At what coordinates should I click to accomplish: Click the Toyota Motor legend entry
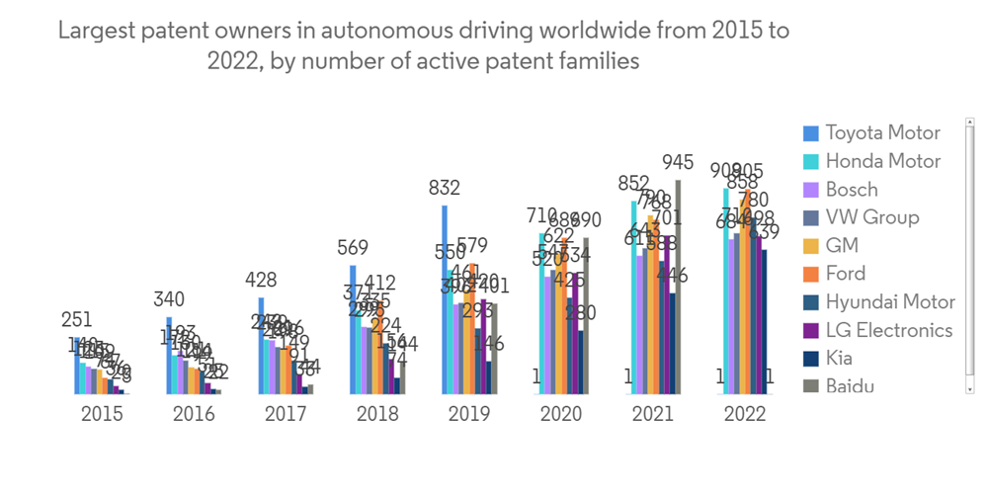(x=882, y=132)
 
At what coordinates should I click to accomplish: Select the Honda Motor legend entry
(x=882, y=161)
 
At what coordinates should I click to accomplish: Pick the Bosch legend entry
(x=851, y=189)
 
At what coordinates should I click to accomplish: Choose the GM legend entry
(x=842, y=245)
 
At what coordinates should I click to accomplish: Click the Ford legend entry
(x=845, y=274)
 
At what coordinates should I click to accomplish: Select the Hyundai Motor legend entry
(x=889, y=301)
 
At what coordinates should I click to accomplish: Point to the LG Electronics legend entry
(x=888, y=330)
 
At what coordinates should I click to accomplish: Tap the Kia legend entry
(x=839, y=358)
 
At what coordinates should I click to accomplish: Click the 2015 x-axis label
(x=102, y=414)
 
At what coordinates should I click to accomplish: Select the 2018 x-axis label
(x=377, y=414)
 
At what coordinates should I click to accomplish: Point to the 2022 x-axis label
(x=744, y=414)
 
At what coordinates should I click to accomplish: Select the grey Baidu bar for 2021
(x=678, y=287)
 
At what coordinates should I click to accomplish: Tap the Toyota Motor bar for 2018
(x=353, y=329)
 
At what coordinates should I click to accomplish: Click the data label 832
(x=445, y=188)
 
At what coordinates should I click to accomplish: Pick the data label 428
(x=261, y=281)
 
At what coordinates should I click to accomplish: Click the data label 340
(x=169, y=300)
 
